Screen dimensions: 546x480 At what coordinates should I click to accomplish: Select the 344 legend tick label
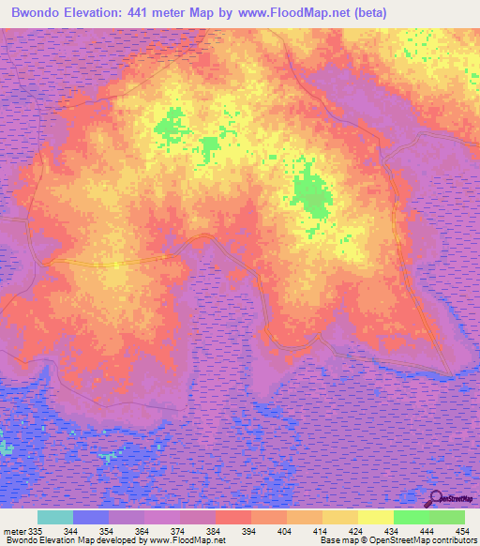coord(72,530)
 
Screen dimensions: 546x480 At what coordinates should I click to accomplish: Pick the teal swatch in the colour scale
coord(55,517)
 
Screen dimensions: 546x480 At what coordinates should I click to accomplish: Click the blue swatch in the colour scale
coord(91,517)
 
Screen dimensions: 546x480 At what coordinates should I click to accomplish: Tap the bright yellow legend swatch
coord(376,517)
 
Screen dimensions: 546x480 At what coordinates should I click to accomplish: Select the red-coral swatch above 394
coord(233,517)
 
